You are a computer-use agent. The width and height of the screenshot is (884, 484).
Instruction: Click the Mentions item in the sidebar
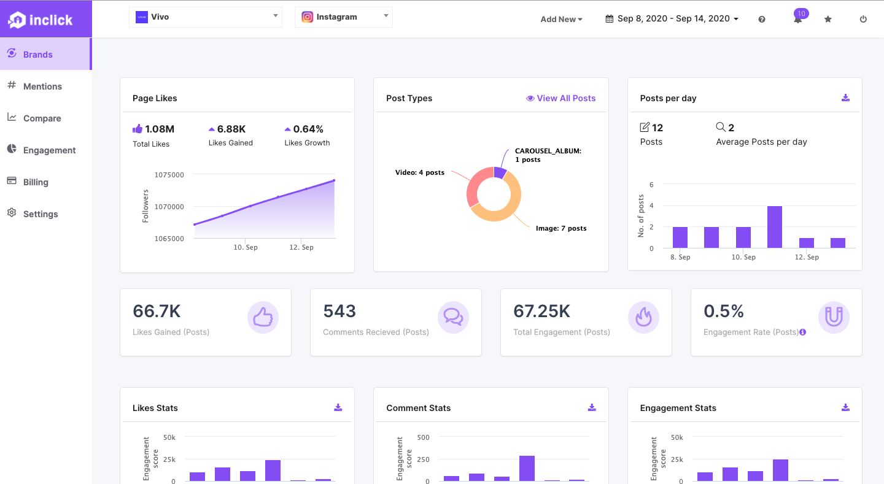pyautogui.click(x=42, y=86)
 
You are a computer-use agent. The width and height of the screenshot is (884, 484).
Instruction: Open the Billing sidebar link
pyautogui.click(x=35, y=182)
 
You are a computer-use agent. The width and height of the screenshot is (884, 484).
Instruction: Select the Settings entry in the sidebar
pyautogui.click(x=40, y=214)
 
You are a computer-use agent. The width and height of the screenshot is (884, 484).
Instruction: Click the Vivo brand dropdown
pyautogui.click(x=206, y=17)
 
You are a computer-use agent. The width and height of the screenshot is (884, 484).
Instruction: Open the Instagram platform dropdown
pyautogui.click(x=344, y=17)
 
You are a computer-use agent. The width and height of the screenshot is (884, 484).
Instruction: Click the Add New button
pyautogui.click(x=561, y=19)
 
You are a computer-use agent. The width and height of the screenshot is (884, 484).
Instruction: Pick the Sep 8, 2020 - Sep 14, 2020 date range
pyautogui.click(x=672, y=19)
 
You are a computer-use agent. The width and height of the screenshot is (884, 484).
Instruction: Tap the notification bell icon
pyautogui.click(x=797, y=20)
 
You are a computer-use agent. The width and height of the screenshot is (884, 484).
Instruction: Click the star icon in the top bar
pyautogui.click(x=828, y=19)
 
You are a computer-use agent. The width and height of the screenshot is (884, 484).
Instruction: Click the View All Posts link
pyautogui.click(x=561, y=98)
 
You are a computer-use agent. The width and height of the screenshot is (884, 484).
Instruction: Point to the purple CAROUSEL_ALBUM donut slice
pyautogui.click(x=500, y=172)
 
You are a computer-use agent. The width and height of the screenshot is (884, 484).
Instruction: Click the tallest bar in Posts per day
pyautogui.click(x=775, y=227)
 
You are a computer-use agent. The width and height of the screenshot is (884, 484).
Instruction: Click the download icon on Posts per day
pyautogui.click(x=845, y=98)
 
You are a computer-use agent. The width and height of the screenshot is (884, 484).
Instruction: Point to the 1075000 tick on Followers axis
pyautogui.click(x=169, y=175)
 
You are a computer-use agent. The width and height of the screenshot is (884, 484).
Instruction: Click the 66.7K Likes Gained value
pyautogui.click(x=157, y=312)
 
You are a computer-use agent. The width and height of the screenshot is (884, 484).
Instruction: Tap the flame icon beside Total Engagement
pyautogui.click(x=643, y=317)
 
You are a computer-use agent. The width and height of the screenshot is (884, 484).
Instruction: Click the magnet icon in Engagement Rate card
pyautogui.click(x=834, y=317)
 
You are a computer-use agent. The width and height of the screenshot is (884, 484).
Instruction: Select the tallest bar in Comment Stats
pyautogui.click(x=527, y=469)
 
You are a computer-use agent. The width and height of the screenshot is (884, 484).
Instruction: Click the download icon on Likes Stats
pyautogui.click(x=338, y=408)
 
